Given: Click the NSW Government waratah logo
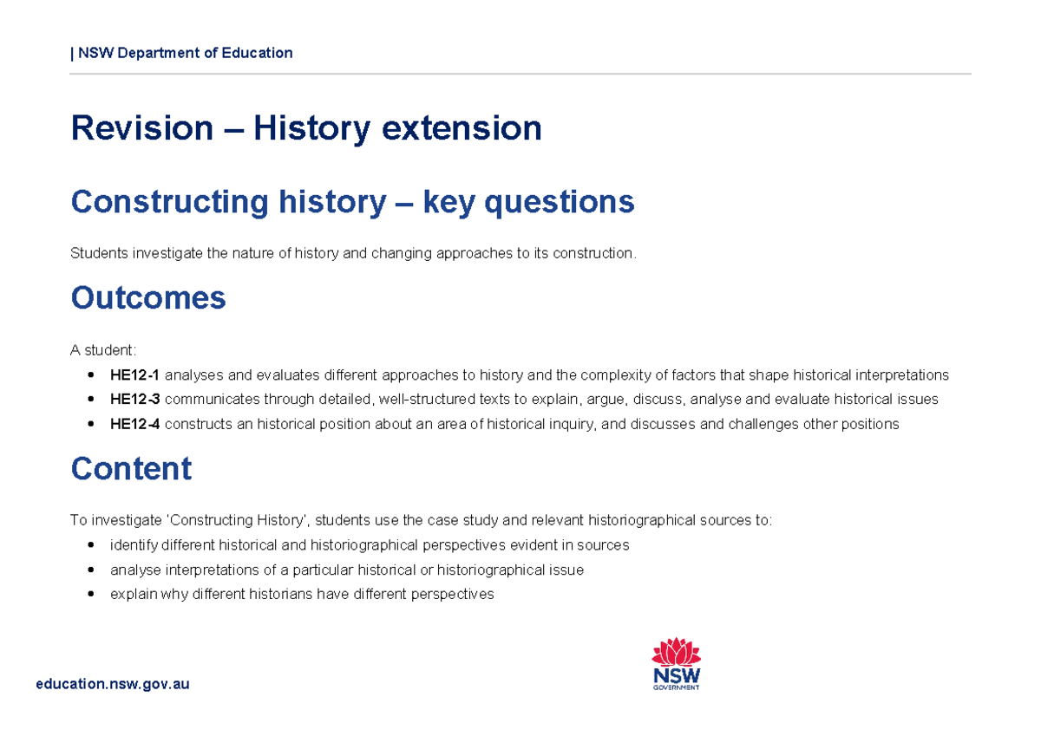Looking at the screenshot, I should point(676,664).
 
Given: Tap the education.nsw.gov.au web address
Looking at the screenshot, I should point(112,684).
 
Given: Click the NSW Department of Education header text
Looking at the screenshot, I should point(184,53).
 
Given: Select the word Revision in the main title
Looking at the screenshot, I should point(141,128).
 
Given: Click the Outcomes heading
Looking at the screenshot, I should point(147,297).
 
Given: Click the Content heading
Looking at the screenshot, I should point(130,469).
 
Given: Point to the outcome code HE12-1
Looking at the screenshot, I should point(134,375).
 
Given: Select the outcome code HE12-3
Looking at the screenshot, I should point(134,400).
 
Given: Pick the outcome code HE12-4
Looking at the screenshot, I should point(134,424).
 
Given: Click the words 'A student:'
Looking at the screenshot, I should point(102,350).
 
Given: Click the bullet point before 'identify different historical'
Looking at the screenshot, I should point(91,545).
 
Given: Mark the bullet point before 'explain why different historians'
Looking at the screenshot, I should point(91,595).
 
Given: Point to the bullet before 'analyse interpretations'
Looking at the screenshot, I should point(91,570).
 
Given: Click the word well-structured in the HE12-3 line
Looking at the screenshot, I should point(421,400).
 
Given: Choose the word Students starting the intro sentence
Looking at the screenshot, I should point(97,253).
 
